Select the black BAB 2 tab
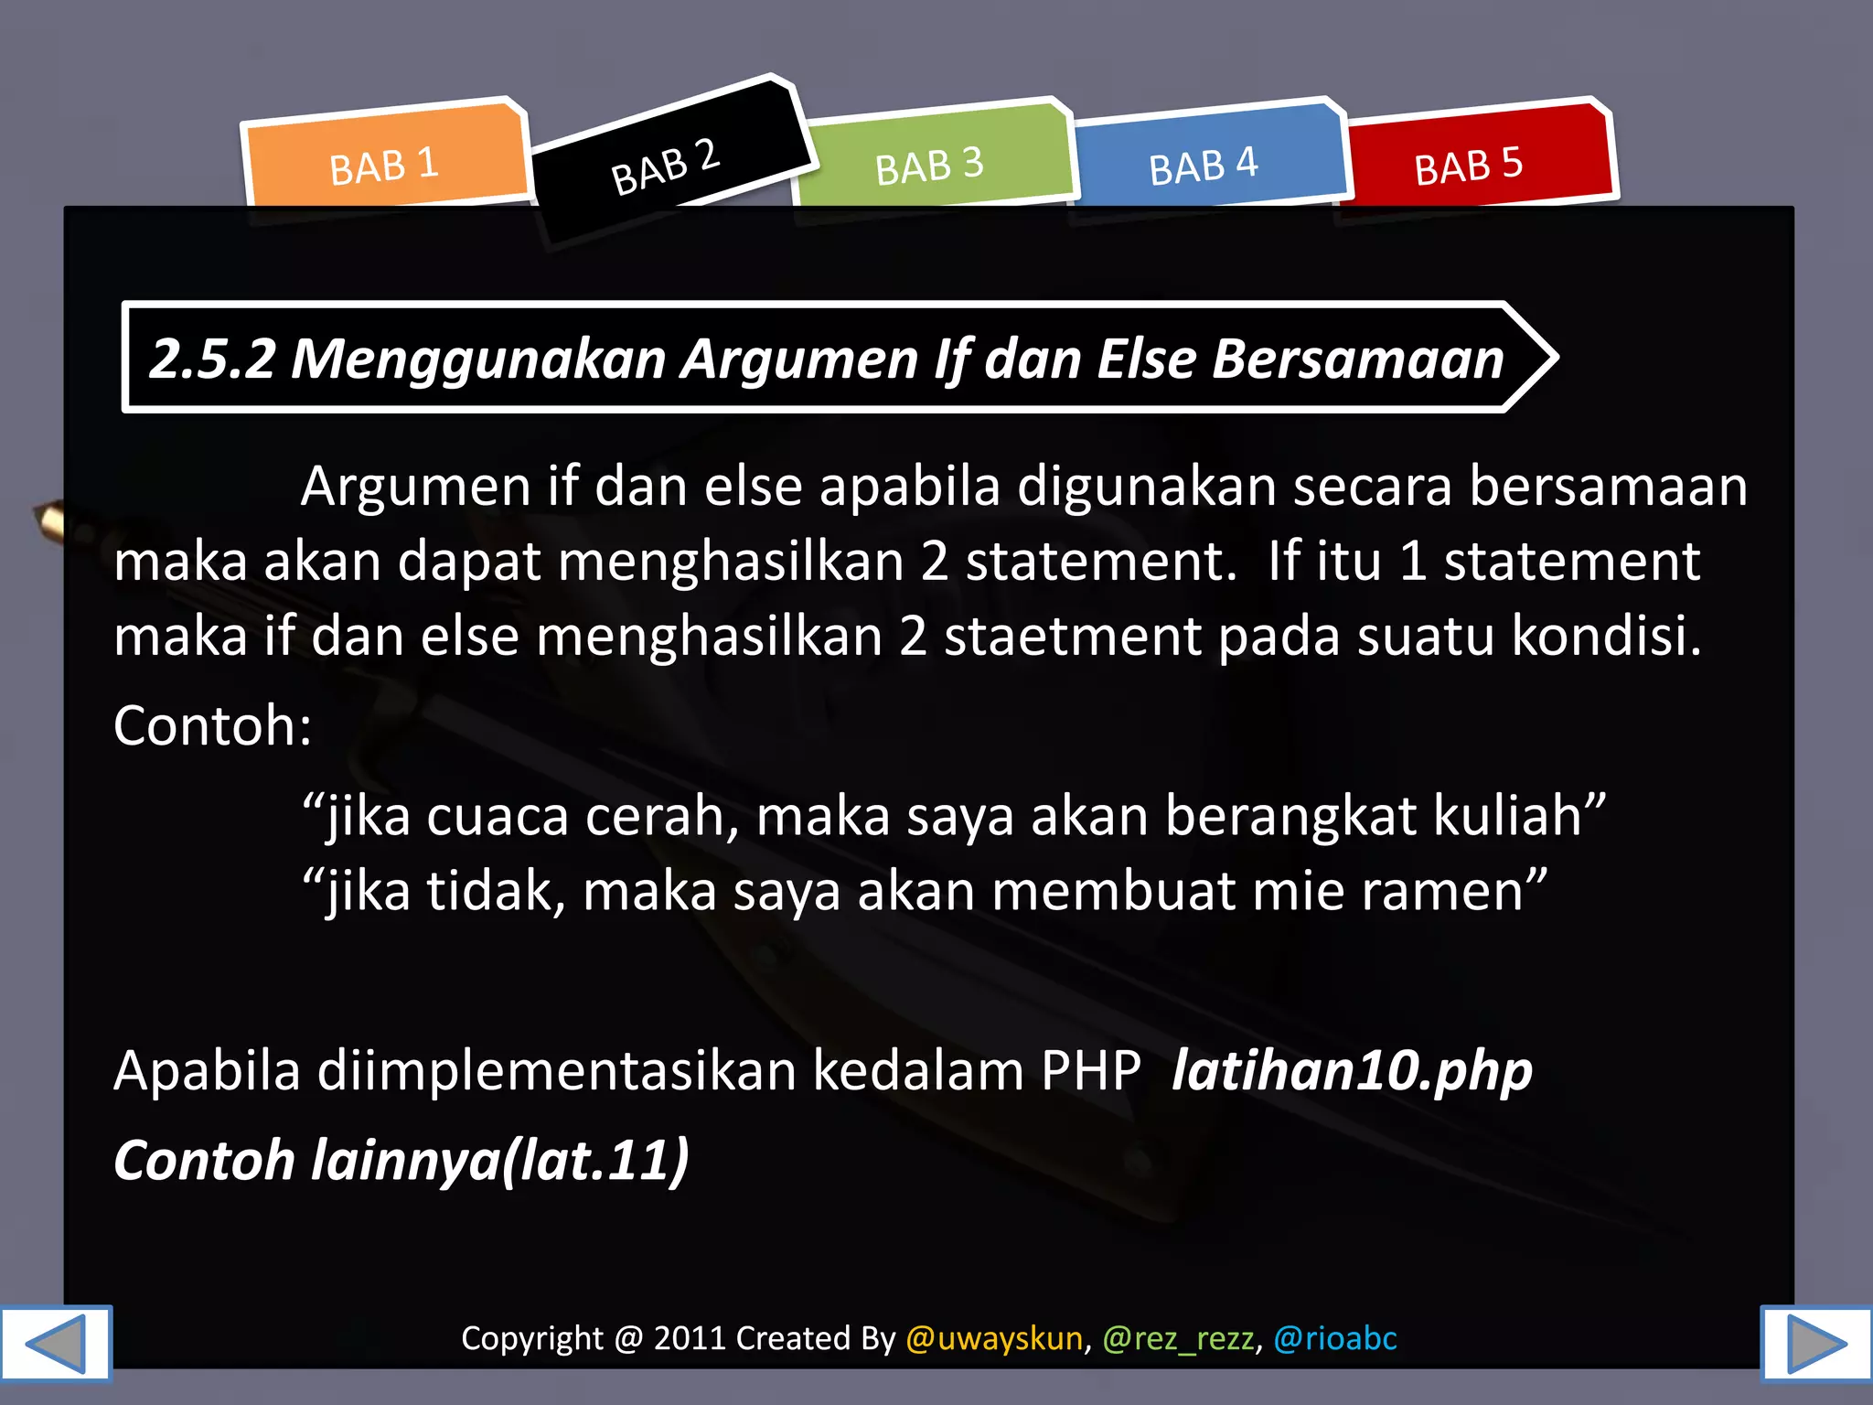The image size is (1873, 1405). pos(666,166)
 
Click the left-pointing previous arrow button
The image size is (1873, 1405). pos(55,1343)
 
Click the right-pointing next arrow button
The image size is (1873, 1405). pos(1816,1343)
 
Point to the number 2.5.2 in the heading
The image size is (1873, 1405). pos(212,359)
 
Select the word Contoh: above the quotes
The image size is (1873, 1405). pos(212,726)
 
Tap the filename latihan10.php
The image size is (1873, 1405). pos(1352,1071)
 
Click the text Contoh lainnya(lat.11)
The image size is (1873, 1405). pos(401,1161)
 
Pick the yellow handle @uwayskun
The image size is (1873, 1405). pos(994,1338)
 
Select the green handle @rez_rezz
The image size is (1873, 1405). pos(1178,1338)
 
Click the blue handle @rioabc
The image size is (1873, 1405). pos(1335,1338)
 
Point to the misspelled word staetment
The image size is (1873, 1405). pos(1072,637)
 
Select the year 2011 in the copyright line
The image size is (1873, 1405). pos(689,1338)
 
